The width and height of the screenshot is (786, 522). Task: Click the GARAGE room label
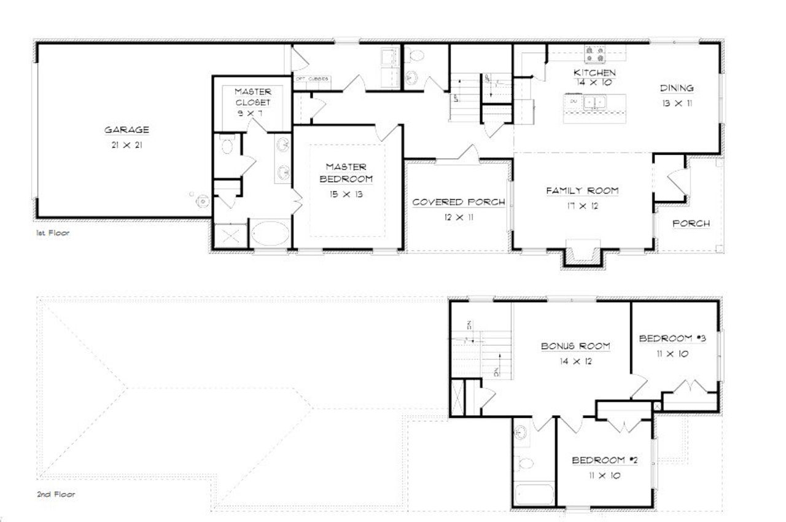pos(126,130)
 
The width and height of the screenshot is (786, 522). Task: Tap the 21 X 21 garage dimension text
pos(126,146)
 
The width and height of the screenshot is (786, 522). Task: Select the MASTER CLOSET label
pos(253,97)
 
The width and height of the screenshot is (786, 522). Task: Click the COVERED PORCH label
pos(459,202)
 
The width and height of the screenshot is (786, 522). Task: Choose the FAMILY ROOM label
pos(582,191)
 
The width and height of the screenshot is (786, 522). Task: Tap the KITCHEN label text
pos(594,72)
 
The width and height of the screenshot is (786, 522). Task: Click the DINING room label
pos(677,88)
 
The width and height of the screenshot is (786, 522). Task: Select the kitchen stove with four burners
pos(594,55)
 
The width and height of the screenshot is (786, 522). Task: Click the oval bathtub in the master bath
pos(269,235)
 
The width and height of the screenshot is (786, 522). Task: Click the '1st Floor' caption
pos(52,234)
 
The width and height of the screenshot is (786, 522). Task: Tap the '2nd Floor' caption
pos(55,494)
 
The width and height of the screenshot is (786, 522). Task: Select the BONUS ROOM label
pos(575,346)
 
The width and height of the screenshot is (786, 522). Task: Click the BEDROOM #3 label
pos(672,338)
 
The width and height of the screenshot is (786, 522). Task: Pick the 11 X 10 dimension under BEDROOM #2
pos(604,475)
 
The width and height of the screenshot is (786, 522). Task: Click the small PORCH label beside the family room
pos(691,224)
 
